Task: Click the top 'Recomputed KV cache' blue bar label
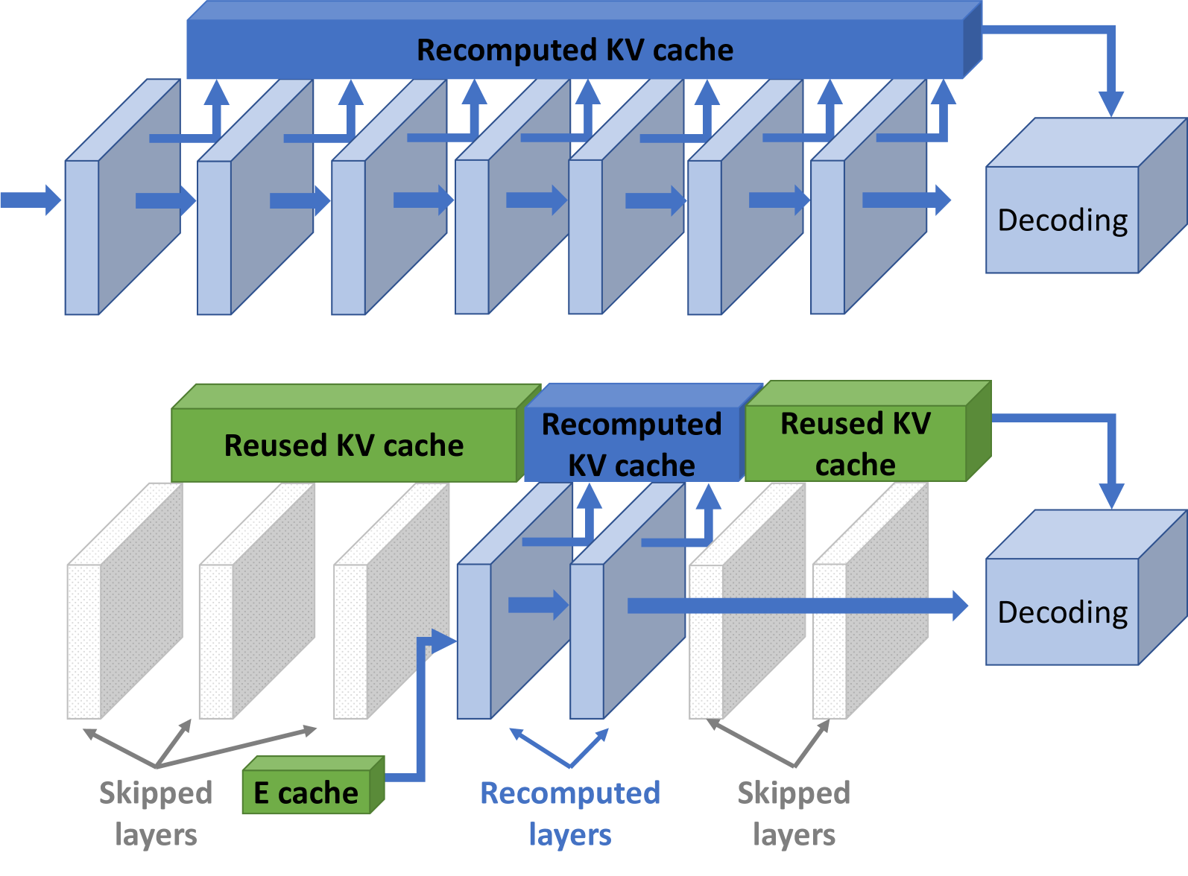coord(575,51)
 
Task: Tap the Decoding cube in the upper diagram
coord(1062,220)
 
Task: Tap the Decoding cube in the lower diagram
coord(1062,612)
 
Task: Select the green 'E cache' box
coord(306,793)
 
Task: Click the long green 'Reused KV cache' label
coord(344,445)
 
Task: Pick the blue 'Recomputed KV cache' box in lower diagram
coord(631,445)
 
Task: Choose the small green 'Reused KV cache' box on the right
coord(856,444)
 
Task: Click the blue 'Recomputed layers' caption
coord(570,813)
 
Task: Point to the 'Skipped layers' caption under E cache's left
coord(156,813)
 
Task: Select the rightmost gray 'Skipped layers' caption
coord(794,813)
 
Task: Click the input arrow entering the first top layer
coord(30,200)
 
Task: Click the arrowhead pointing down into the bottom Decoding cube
coord(1111,495)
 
